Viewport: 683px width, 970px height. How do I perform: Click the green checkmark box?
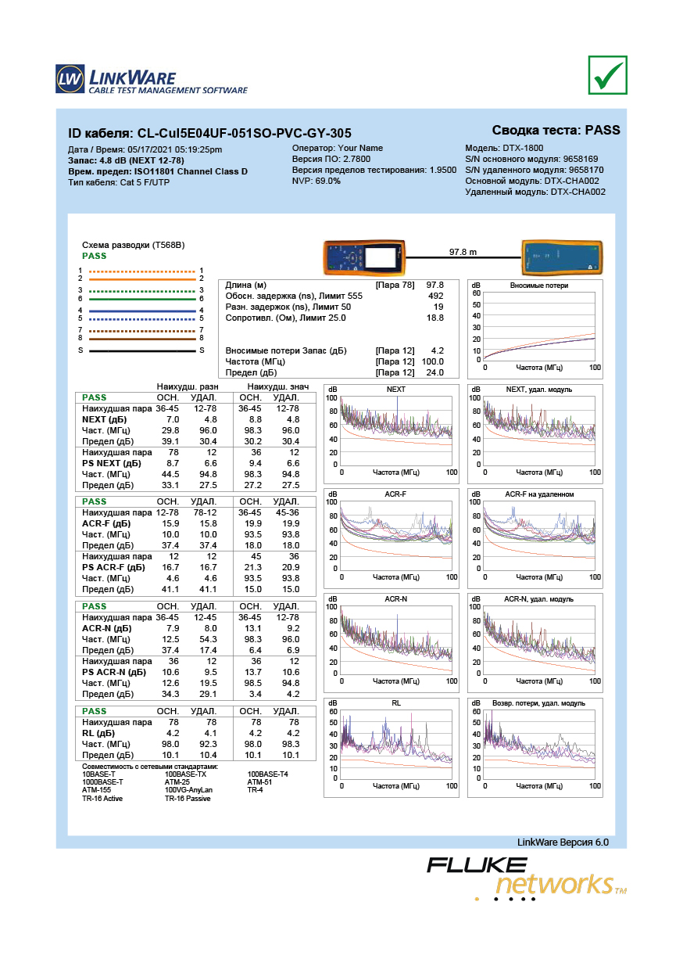(607, 75)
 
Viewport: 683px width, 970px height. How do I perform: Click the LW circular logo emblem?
(70, 79)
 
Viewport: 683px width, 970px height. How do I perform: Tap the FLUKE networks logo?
(527, 878)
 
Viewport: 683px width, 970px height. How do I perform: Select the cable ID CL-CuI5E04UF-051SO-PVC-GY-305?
(245, 133)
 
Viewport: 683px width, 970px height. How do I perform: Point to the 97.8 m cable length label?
(463, 252)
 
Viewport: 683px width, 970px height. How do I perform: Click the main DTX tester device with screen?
(364, 258)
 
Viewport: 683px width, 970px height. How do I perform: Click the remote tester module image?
(562, 257)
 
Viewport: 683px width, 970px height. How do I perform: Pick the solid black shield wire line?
(142, 350)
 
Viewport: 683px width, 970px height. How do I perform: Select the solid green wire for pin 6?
(142, 300)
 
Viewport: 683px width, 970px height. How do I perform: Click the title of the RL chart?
(395, 702)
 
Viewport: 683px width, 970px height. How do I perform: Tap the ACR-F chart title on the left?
(395, 494)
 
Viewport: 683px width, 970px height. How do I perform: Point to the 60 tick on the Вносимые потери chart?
(476, 293)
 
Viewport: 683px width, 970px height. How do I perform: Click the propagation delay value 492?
(435, 296)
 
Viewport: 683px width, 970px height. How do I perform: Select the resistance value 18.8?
(435, 318)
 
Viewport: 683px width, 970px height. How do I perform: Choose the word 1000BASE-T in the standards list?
(102, 782)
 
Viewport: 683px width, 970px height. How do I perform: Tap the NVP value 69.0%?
(328, 181)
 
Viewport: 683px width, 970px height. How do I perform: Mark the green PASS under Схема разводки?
(95, 256)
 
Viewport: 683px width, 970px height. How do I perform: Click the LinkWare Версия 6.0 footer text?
(563, 842)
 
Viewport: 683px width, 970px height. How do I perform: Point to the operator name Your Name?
(360, 148)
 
